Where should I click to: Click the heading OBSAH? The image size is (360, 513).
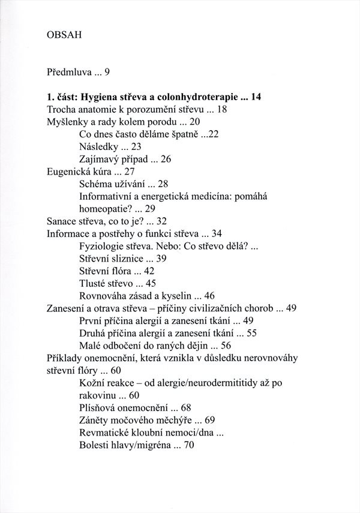64,35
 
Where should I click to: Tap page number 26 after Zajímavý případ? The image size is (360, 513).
167,159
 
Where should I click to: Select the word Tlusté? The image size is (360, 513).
95,283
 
